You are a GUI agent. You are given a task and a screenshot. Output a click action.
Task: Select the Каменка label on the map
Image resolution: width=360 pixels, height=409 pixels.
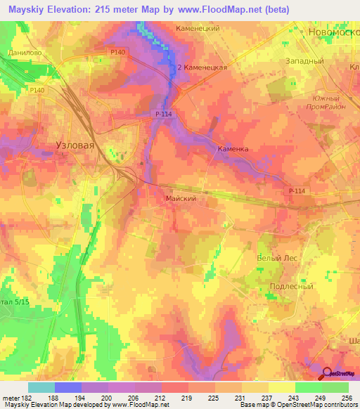click(x=233, y=149)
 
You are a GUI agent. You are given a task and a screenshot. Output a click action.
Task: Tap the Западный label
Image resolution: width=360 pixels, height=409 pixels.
click(x=304, y=61)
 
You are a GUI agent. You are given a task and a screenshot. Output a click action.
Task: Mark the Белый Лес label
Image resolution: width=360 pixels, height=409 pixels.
click(x=277, y=258)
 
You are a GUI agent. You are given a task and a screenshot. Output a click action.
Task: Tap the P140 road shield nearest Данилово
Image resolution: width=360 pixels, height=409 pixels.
click(x=98, y=52)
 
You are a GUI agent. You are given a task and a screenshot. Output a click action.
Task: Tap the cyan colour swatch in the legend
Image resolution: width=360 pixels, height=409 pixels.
click(x=41, y=387)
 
